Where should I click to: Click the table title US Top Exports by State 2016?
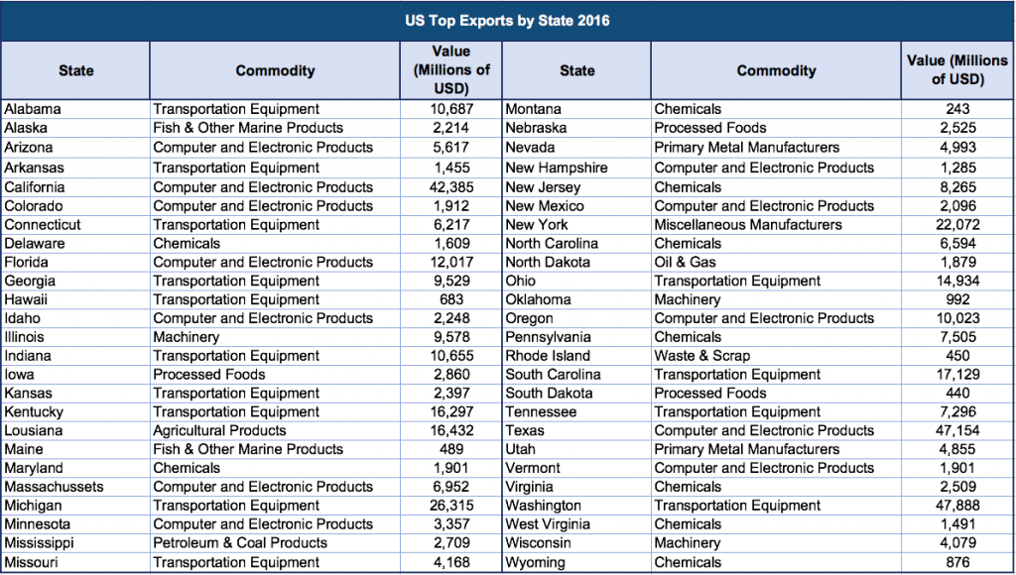pyautogui.click(x=507, y=20)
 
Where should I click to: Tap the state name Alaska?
pyautogui.click(x=26, y=128)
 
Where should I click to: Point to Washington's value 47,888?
pyautogui.click(x=957, y=506)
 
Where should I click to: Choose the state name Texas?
pyautogui.click(x=525, y=431)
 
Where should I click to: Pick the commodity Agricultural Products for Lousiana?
pyautogui.click(x=219, y=431)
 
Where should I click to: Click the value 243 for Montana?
pyautogui.click(x=957, y=109)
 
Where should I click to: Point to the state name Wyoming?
pyautogui.click(x=535, y=562)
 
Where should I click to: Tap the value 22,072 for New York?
pyautogui.click(x=957, y=224)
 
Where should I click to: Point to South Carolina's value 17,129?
pyautogui.click(x=957, y=375)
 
